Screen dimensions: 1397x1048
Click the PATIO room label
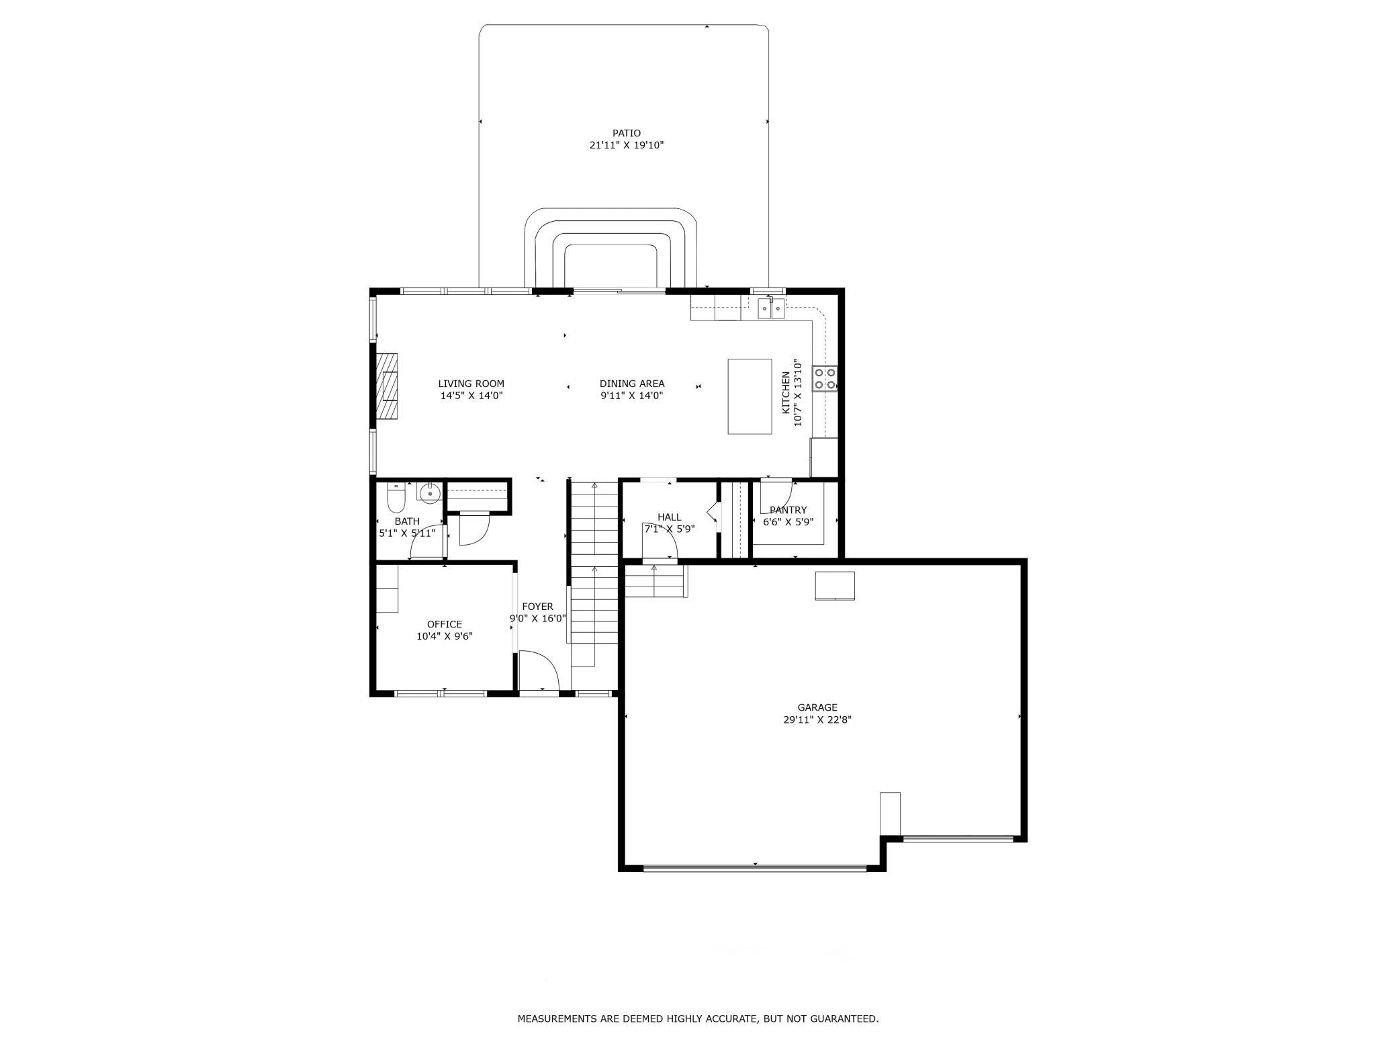coord(626,133)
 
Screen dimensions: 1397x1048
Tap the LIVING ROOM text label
coord(471,384)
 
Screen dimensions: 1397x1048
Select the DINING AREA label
coord(632,384)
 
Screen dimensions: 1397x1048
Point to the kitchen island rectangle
coord(750,396)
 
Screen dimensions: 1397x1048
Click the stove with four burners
coord(825,378)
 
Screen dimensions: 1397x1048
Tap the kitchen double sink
coord(771,308)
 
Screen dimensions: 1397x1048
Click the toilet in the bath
coord(396,498)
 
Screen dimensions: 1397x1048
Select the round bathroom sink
coord(429,493)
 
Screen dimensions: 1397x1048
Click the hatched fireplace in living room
coord(387,386)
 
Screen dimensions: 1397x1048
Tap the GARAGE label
coord(817,707)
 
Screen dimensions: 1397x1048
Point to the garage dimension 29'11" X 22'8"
coord(817,719)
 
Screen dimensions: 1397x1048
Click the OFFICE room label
coord(445,624)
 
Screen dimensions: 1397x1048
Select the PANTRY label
coord(788,510)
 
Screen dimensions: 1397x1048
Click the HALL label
coord(670,517)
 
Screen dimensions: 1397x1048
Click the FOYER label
coord(537,607)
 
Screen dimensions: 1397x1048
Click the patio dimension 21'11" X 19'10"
coord(627,145)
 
